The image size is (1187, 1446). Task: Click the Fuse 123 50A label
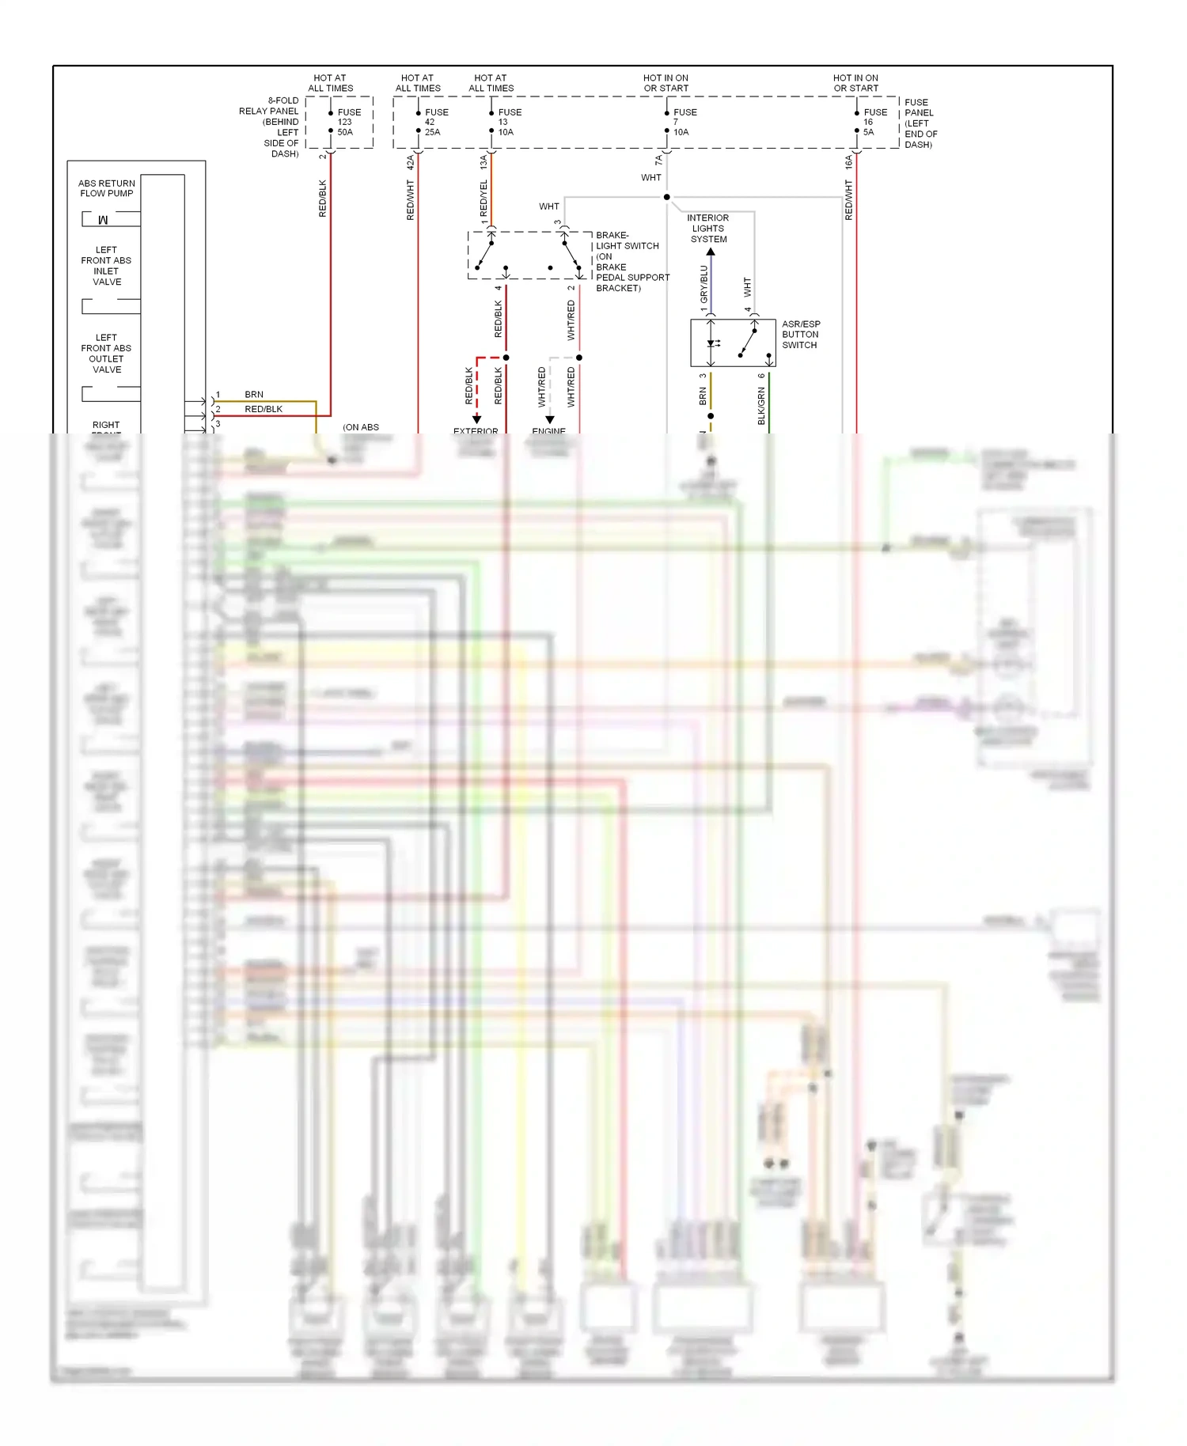point(348,122)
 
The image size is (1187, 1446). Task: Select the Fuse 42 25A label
point(436,122)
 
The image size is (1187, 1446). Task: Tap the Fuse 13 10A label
point(509,122)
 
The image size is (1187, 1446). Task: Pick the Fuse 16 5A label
point(874,122)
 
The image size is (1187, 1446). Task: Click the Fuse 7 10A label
point(684,122)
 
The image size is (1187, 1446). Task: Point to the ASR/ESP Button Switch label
point(801,335)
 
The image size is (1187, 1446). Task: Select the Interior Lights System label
point(708,229)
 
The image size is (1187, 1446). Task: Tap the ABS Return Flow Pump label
point(107,188)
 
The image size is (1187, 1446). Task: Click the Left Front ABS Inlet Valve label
point(107,266)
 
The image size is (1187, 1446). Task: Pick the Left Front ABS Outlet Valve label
point(107,354)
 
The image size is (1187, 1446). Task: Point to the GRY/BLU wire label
point(703,284)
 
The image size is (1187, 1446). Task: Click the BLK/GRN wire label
point(761,406)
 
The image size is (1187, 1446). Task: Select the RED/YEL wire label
point(484,198)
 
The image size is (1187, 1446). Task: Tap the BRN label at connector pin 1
point(254,394)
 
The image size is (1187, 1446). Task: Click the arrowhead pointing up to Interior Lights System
point(711,252)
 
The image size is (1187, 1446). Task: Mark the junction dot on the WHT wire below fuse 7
point(667,197)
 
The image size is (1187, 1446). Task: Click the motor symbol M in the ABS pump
point(103,220)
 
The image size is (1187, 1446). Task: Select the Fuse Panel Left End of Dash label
point(920,123)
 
